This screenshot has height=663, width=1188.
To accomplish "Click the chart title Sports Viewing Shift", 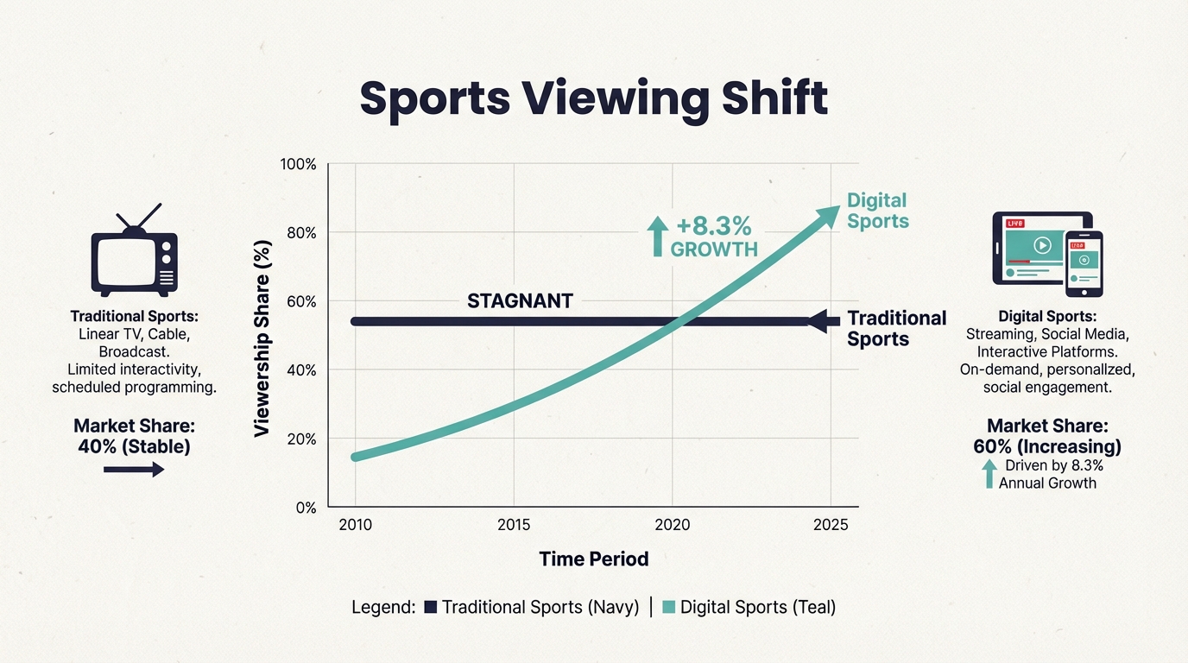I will coord(593,98).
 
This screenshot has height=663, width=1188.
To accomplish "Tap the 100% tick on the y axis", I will coord(299,165).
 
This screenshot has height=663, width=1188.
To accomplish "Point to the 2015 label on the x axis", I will coord(514,525).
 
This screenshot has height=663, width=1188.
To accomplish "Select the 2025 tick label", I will coord(831,525).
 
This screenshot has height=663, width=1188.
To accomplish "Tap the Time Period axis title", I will coord(593,559).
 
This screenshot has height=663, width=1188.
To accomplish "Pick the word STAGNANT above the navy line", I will coord(520,301).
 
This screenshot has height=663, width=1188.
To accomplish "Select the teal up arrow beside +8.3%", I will coord(658,235).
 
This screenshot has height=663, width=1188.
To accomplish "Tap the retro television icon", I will coord(134,251).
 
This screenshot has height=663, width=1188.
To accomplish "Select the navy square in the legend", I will coord(432,607).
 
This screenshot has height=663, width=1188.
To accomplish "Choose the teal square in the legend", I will coord(668,607).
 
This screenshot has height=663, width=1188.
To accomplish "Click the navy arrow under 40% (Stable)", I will coord(133,469).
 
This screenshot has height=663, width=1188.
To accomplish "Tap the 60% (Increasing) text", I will coord(1046,446).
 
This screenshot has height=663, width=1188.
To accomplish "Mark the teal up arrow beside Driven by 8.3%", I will coord(989,474).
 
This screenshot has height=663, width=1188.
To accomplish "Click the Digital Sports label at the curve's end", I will coord(877,211).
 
